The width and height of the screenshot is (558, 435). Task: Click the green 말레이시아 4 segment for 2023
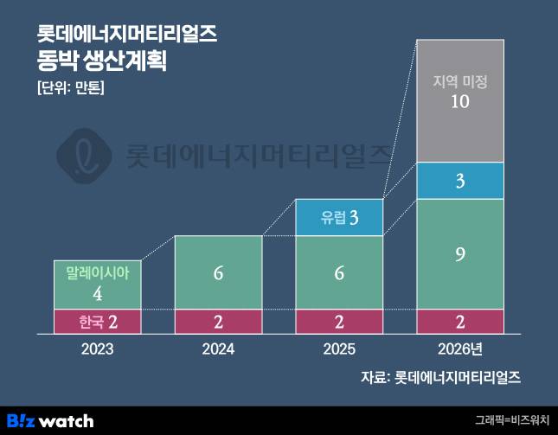[97, 285]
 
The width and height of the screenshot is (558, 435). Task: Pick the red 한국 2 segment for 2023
[97, 322]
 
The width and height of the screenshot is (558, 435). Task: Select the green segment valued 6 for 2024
[218, 272]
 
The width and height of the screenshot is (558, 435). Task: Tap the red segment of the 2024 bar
[218, 322]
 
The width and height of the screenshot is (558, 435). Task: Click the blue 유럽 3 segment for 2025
[339, 217]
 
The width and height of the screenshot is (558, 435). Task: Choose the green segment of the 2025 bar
[339, 272]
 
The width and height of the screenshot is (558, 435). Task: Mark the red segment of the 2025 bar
[339, 322]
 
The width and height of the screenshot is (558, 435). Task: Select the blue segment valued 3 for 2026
[460, 181]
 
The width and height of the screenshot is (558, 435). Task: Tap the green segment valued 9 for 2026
[460, 254]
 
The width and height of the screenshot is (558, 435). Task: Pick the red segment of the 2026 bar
[460, 322]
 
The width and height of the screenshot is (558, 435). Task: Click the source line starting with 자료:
[441, 378]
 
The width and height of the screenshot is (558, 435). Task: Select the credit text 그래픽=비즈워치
[512, 421]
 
